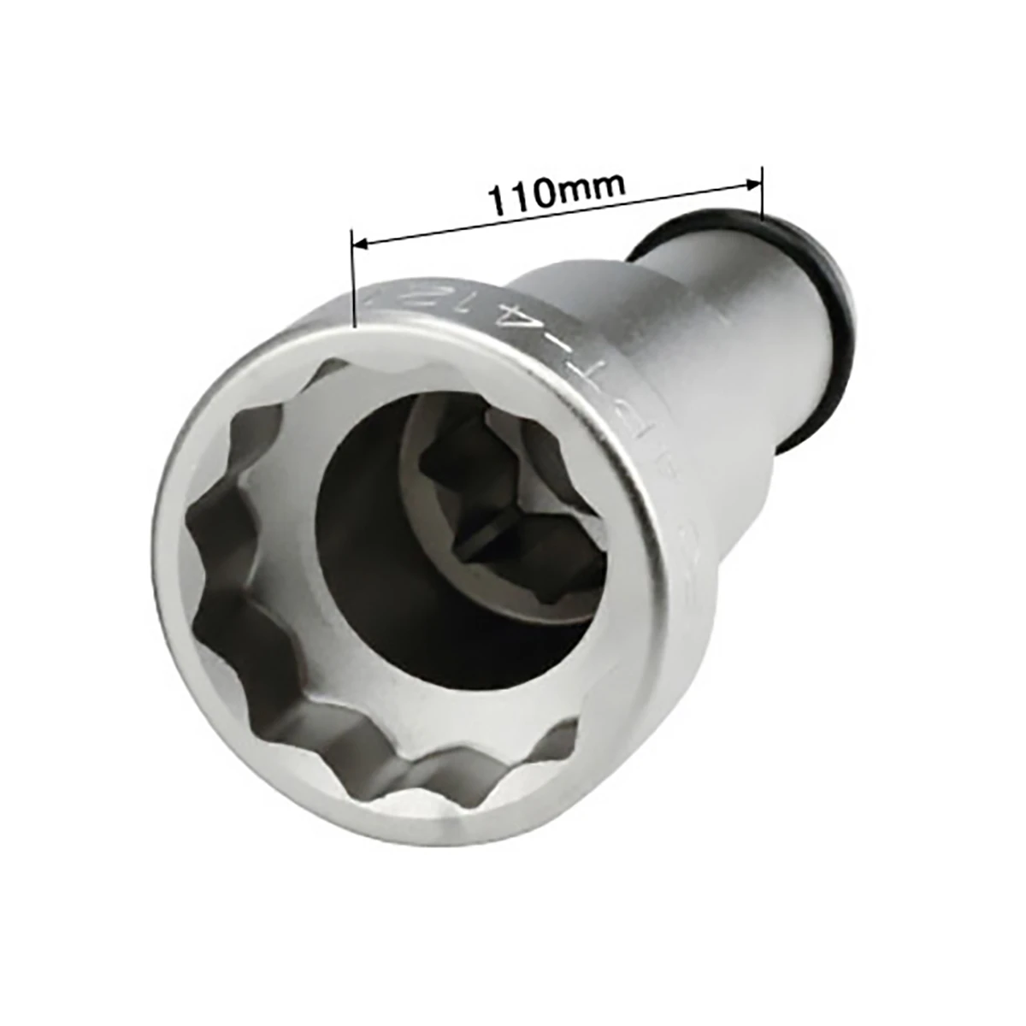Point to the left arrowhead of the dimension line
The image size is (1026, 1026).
point(361,245)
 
